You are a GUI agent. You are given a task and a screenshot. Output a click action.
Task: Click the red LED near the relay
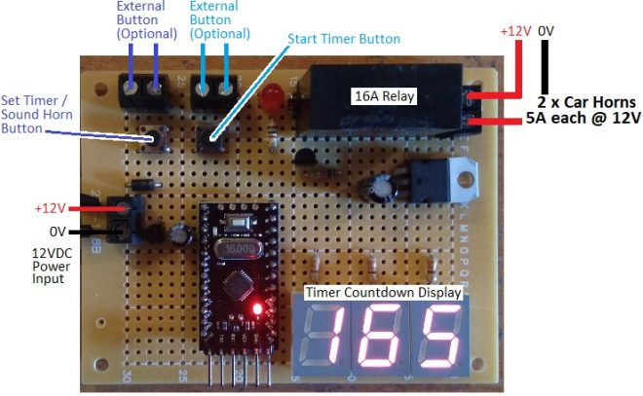click(272, 94)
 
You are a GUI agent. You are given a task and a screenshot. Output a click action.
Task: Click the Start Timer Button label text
click(344, 39)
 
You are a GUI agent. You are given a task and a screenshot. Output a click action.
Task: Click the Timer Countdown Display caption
click(383, 292)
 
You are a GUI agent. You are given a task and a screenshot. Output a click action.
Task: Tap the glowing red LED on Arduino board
click(257, 309)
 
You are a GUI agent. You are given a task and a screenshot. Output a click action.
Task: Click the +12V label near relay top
click(515, 31)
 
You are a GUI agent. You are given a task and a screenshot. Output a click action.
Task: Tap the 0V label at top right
click(546, 31)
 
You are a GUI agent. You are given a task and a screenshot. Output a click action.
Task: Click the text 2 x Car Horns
click(586, 101)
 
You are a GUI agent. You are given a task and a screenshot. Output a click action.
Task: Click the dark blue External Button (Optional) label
click(146, 19)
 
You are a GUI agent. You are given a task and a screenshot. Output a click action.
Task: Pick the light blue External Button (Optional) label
click(220, 19)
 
